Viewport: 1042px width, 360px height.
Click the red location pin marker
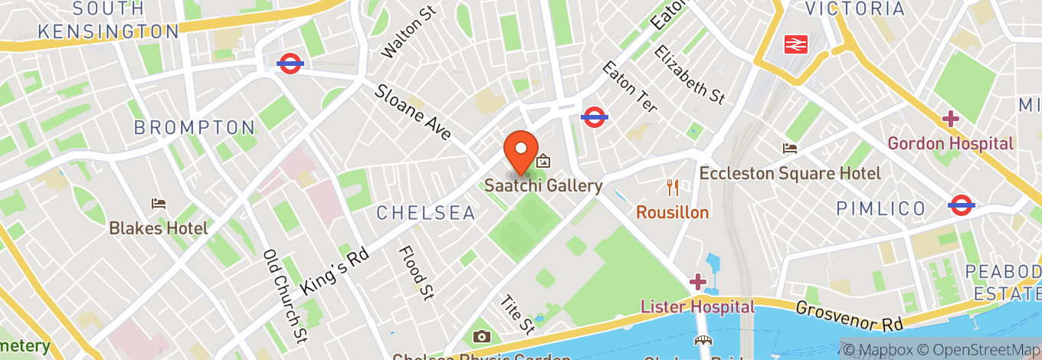point(521,151)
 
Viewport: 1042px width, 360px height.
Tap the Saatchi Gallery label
point(543,186)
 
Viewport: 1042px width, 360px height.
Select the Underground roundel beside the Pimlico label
point(961,205)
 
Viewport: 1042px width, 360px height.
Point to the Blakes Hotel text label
point(159,228)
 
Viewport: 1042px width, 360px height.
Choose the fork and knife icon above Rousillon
point(673,187)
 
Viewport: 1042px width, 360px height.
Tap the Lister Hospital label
point(697,307)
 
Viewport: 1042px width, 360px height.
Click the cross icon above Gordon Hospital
point(951,119)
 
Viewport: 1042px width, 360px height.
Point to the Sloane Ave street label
point(413,113)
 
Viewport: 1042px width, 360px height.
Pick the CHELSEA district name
point(426,213)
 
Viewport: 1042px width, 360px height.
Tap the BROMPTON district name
point(195,128)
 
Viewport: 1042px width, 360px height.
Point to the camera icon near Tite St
point(482,336)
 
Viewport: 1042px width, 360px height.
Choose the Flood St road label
point(417,272)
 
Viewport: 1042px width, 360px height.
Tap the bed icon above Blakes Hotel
point(159,204)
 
